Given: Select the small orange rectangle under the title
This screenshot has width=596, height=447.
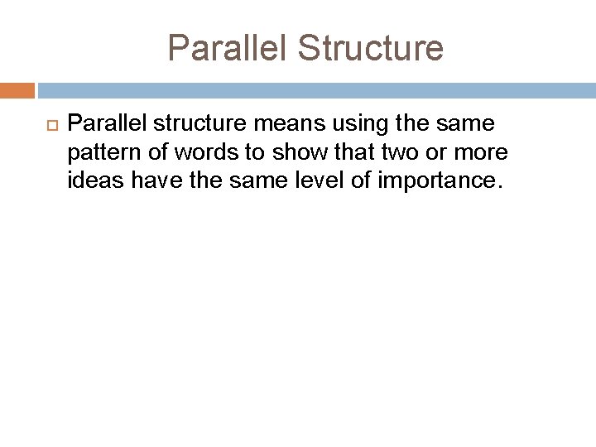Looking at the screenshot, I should [17, 90].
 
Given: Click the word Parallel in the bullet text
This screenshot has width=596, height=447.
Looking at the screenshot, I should [104, 124].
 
